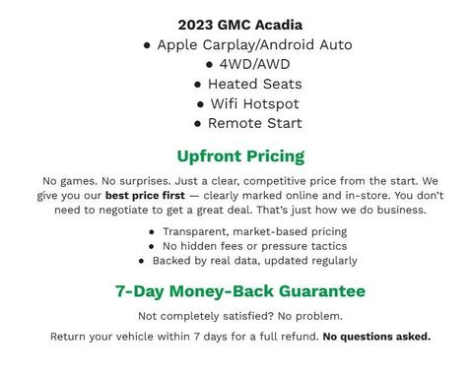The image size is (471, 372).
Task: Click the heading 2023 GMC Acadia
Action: (239, 25)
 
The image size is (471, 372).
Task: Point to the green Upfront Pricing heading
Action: (240, 155)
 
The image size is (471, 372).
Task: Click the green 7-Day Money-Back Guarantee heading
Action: (240, 291)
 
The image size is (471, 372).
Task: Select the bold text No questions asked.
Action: (376, 337)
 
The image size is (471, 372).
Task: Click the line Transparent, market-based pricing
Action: (254, 231)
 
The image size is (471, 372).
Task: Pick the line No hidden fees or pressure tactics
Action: (254, 246)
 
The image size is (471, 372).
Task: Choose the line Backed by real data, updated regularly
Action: (254, 261)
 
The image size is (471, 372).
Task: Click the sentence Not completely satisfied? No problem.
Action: (240, 316)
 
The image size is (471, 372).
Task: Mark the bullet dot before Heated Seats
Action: (198, 85)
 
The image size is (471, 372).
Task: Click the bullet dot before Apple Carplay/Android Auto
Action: (147, 45)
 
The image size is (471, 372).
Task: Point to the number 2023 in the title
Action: (196, 25)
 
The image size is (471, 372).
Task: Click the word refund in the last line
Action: (298, 337)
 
